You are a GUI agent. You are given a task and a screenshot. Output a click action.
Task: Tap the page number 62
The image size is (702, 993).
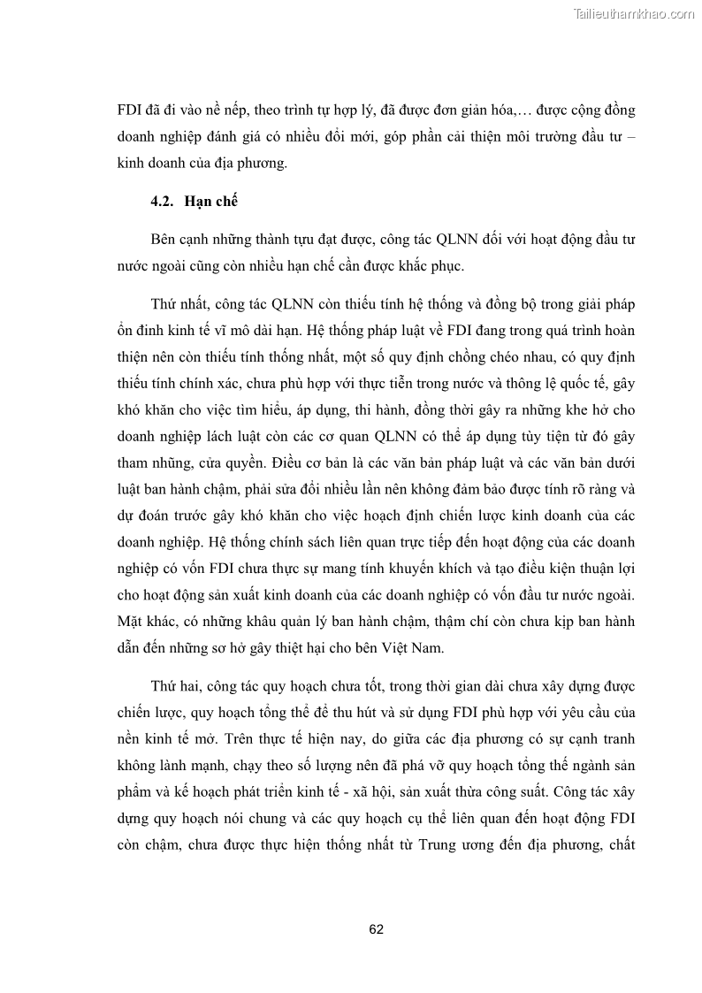[x=376, y=929]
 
